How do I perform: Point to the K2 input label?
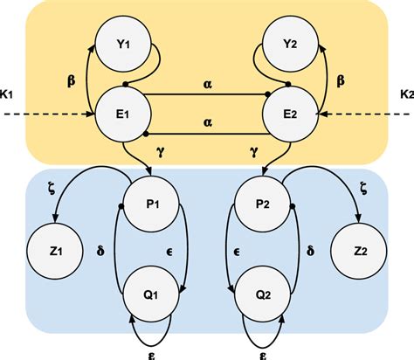404,93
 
